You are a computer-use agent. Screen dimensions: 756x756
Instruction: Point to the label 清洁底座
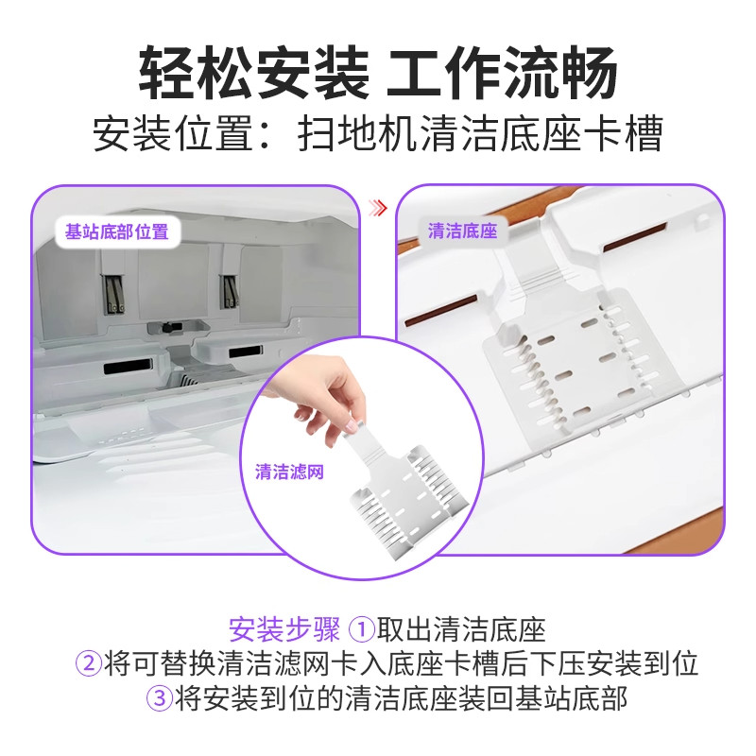tap(462, 232)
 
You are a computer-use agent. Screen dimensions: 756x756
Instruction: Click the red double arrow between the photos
tap(379, 207)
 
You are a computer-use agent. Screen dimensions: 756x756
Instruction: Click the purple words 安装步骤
tap(284, 629)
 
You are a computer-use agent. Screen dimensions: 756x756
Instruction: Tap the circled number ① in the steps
tap(363, 629)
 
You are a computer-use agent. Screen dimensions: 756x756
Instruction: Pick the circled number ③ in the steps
tap(158, 698)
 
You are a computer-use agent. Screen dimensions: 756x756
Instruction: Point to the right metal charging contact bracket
tap(228, 290)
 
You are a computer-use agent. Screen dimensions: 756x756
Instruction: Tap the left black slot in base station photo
tap(127, 366)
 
